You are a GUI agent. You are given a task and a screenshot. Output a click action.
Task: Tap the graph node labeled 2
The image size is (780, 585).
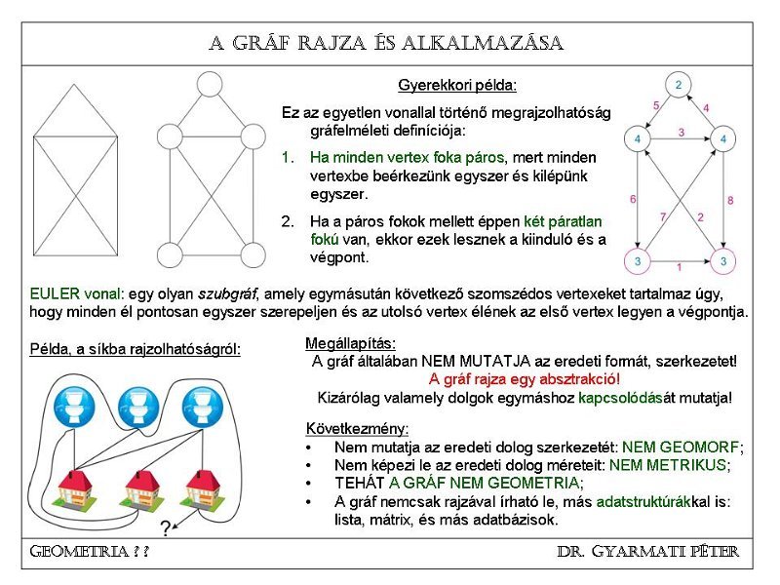[x=679, y=85]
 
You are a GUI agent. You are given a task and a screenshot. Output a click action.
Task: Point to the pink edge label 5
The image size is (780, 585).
[x=656, y=105]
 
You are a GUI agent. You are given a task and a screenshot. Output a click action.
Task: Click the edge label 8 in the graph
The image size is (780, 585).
[x=730, y=201]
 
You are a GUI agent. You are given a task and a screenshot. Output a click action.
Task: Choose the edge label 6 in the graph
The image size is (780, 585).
[x=633, y=200]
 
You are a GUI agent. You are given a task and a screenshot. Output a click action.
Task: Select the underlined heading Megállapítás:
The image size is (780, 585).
[x=350, y=342]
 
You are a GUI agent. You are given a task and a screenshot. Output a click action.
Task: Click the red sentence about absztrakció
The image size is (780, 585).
[x=525, y=378]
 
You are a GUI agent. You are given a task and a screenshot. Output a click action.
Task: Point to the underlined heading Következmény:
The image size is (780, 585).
[x=358, y=428]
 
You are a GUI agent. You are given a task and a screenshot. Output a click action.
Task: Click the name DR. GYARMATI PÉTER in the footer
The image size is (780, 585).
[x=647, y=552]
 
